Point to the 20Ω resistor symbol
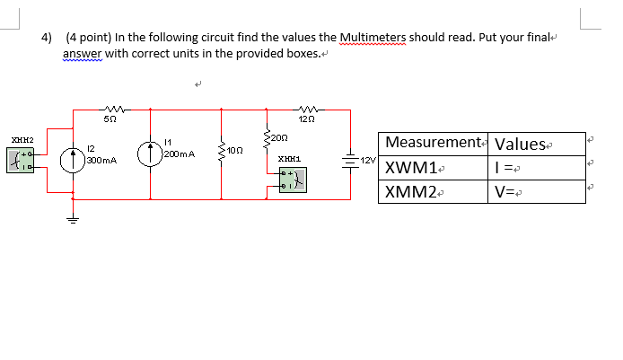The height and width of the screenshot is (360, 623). pyautogui.click(x=266, y=137)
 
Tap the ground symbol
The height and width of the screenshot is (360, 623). pyautogui.click(x=72, y=222)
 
